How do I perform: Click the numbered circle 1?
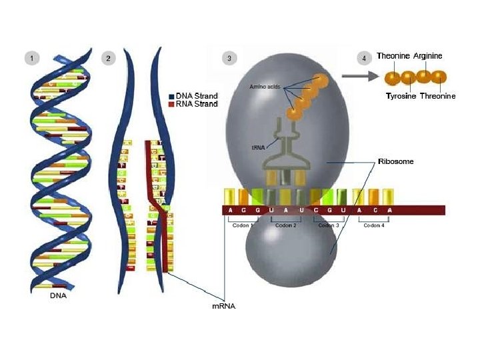31,58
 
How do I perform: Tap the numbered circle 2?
108,58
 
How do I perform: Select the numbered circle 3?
229,58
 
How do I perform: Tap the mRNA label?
223,307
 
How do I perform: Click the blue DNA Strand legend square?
171,97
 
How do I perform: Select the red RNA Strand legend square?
171,105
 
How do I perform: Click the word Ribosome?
395,161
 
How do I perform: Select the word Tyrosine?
401,97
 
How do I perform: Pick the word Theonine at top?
393,56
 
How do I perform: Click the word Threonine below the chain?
437,97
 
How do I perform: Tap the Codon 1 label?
241,225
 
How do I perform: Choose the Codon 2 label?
285,225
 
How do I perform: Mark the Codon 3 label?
328,225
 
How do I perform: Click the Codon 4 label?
374,225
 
